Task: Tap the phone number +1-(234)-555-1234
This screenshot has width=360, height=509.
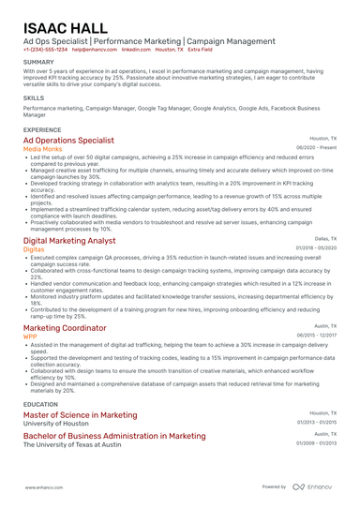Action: point(45,50)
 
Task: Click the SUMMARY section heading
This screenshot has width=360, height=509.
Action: point(38,63)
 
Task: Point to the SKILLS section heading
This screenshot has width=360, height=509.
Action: point(34,97)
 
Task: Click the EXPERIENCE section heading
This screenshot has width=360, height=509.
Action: point(42,129)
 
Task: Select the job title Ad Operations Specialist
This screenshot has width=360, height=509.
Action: point(68,140)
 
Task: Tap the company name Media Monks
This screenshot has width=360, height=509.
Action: point(43,148)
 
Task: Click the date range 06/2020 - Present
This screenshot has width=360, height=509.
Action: point(316,148)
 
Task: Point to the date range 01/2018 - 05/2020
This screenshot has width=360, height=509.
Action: point(316,248)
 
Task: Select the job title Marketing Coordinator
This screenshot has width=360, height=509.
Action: point(65,328)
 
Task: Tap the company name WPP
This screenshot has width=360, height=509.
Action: point(31,336)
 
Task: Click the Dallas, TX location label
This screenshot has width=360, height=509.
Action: point(325,240)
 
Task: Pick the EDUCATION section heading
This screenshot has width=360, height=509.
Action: point(41,404)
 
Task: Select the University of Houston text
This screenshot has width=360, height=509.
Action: point(57,423)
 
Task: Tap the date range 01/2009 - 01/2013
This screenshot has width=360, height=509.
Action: point(316,443)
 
